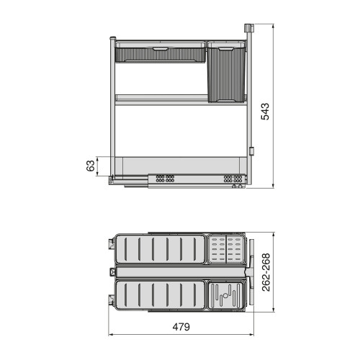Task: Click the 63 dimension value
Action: click(x=91, y=166)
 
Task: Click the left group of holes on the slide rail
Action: click(x=166, y=177)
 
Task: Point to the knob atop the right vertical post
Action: click(x=250, y=28)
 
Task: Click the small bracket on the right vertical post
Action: click(x=251, y=150)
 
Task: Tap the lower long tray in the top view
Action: click(x=161, y=296)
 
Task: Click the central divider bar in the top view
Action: click(x=180, y=273)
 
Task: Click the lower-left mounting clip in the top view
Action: click(x=112, y=297)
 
